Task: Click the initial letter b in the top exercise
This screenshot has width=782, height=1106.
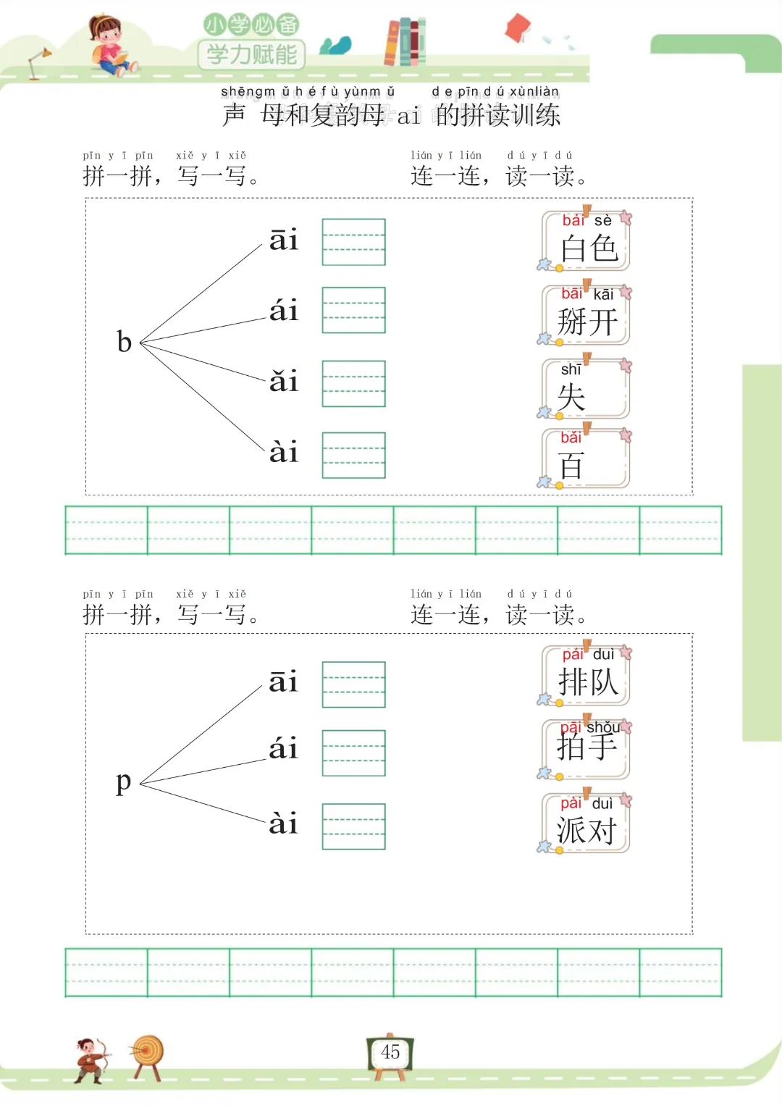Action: click(x=125, y=342)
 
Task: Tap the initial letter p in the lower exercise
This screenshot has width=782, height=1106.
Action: click(x=124, y=782)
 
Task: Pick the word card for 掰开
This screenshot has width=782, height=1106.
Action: click(x=586, y=315)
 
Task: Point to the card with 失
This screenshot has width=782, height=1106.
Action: click(x=586, y=390)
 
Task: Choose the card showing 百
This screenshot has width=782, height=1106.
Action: click(x=586, y=458)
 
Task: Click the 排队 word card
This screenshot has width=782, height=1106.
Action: click(x=586, y=675)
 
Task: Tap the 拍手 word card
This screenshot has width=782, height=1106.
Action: click(x=586, y=749)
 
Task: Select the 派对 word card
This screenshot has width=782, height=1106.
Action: click(x=586, y=824)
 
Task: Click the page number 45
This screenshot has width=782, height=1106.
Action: click(x=390, y=1052)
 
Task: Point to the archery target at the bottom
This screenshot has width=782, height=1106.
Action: click(x=148, y=1056)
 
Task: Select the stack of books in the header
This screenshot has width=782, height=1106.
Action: click(x=405, y=41)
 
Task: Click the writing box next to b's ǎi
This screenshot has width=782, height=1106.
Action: click(x=353, y=384)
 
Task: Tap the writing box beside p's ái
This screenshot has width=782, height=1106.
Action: click(x=353, y=753)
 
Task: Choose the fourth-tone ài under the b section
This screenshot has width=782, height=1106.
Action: click(x=284, y=453)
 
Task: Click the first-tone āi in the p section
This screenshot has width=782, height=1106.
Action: click(x=284, y=682)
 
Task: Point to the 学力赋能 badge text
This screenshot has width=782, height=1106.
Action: click(x=251, y=54)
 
